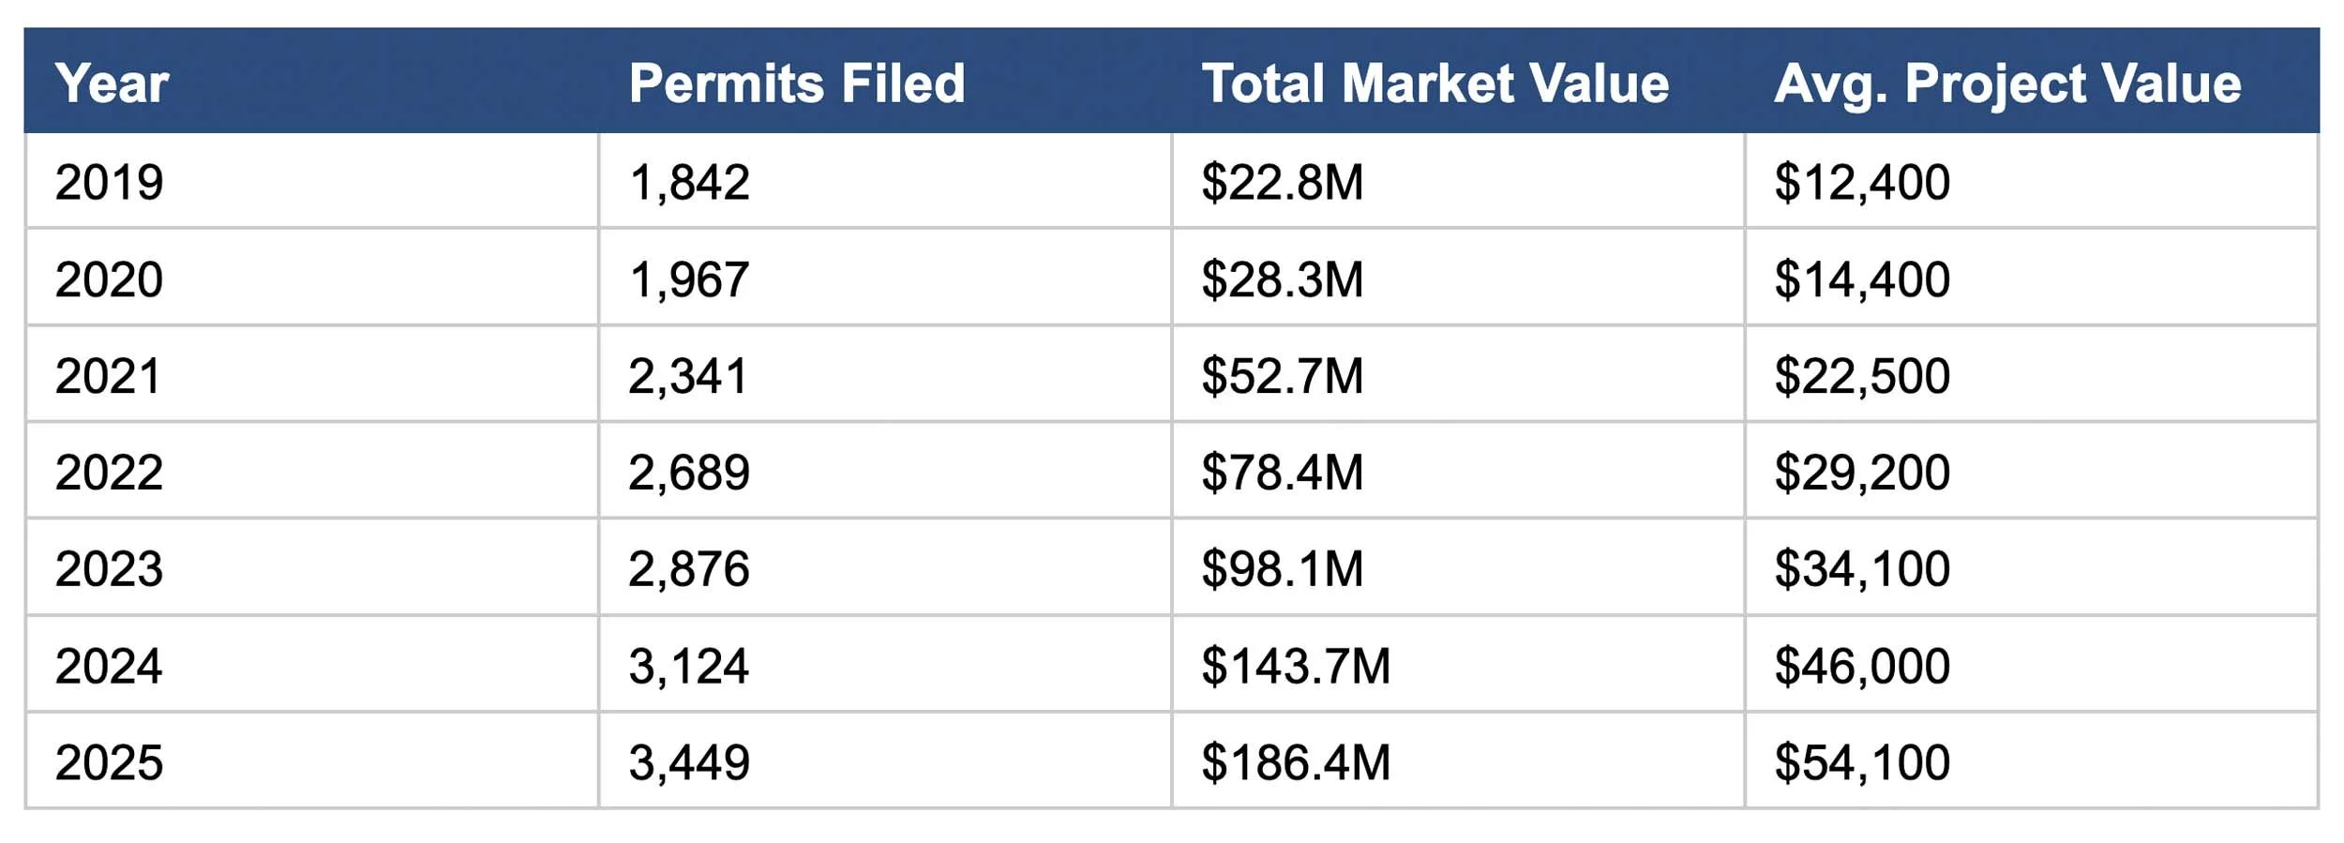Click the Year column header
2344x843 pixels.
tap(112, 83)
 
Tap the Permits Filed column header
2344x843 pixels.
tap(797, 83)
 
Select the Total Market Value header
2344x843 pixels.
tap(1435, 83)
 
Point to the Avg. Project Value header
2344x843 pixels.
tap(2007, 83)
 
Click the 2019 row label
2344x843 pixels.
tap(109, 182)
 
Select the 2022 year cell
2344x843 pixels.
tap(109, 472)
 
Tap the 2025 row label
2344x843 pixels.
tap(109, 762)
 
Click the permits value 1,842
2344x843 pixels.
tap(689, 182)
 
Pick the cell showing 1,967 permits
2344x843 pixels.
tap(689, 279)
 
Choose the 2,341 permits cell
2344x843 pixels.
tap(688, 376)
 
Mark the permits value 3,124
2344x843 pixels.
tap(688, 666)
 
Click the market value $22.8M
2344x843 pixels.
tap(1282, 182)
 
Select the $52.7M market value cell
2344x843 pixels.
tap(1282, 376)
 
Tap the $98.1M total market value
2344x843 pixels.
tap(1282, 569)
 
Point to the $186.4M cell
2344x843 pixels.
tap(1296, 762)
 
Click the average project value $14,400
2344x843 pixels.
tap(1862, 279)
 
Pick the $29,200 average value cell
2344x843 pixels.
tap(1862, 472)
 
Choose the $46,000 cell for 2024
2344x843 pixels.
tap(1862, 666)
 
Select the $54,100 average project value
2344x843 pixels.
tap(1862, 762)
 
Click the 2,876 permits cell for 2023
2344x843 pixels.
tap(689, 569)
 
